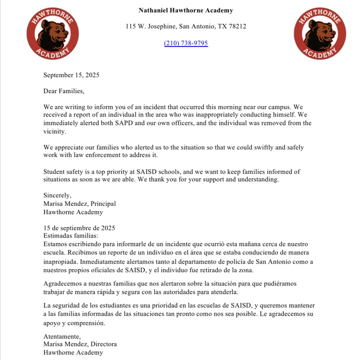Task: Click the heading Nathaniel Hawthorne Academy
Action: [x=186, y=10]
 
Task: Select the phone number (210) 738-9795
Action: [x=186, y=43]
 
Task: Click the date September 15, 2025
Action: [x=71, y=75]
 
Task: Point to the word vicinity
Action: [x=54, y=131]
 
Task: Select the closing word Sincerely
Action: [x=57, y=195]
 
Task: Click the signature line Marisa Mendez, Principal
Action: [x=79, y=204]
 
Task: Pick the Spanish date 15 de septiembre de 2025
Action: [x=79, y=228]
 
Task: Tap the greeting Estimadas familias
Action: [x=71, y=236]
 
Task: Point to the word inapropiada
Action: [x=60, y=262]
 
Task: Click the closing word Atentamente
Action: [x=62, y=336]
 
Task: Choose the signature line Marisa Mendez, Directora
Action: [x=80, y=344]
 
